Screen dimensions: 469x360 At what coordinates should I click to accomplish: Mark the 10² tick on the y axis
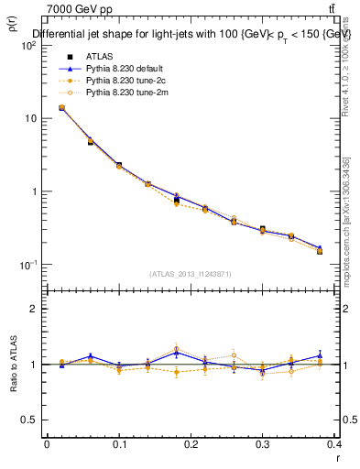tap(27, 45)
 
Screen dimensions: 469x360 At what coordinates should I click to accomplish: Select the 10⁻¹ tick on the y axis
tap(27, 265)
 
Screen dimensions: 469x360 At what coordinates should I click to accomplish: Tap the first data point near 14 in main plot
tap(61, 107)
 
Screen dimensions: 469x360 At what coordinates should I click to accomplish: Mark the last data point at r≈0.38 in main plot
tap(319, 250)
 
